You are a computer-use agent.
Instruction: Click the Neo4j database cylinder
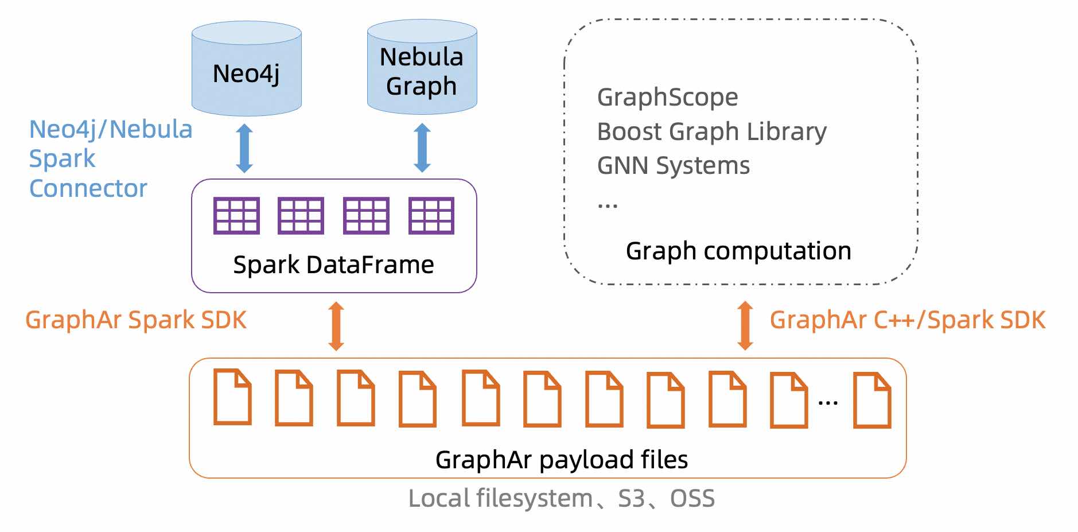pos(246,69)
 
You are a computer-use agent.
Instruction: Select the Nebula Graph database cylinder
pos(422,67)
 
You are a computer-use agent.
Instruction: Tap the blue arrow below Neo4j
pos(244,148)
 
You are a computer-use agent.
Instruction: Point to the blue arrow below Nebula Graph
pos(422,147)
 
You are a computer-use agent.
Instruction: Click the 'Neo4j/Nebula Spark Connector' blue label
pos(109,158)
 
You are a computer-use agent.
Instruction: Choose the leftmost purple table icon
pos(236,216)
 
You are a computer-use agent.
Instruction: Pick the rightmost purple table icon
pos(431,216)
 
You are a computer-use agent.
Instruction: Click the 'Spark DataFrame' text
pos(333,265)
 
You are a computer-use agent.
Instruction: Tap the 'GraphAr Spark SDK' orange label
pos(136,320)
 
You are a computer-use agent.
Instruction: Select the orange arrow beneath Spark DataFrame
pos(336,326)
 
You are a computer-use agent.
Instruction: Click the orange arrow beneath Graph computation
pos(745,325)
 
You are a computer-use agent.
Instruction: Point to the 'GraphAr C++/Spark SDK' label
pos(907,320)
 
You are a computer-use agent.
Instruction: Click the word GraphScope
pos(667,97)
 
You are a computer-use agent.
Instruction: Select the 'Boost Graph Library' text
pos(711,131)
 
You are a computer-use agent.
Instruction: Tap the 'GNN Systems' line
pos(673,165)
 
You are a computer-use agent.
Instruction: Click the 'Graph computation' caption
pos(738,251)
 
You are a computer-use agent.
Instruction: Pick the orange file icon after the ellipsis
pos(872,400)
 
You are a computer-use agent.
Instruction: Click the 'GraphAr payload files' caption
pos(561,460)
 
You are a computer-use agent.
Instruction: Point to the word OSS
pos(692,498)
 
